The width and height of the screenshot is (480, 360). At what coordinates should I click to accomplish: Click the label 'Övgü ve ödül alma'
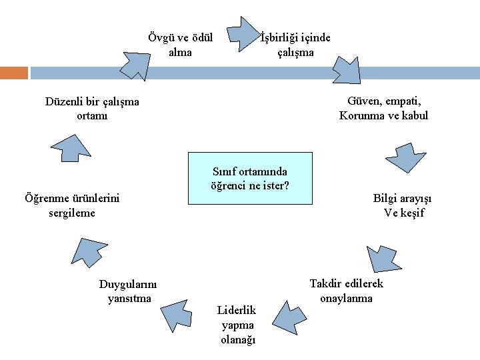[180, 45]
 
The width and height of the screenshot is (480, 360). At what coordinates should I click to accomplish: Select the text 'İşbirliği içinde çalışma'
[295, 45]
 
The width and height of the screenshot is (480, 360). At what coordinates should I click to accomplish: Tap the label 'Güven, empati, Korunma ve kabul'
[384, 108]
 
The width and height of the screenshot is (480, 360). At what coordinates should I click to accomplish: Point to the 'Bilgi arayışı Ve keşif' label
[403, 205]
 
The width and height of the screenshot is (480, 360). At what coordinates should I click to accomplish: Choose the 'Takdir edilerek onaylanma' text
[347, 291]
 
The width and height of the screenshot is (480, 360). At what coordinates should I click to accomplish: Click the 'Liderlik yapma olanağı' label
[238, 325]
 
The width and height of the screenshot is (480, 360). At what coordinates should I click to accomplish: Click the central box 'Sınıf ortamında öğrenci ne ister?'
[250, 177]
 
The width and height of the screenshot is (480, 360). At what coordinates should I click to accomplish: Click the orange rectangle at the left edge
[14, 73]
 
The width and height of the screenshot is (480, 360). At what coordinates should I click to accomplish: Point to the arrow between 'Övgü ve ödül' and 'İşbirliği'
[241, 38]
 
